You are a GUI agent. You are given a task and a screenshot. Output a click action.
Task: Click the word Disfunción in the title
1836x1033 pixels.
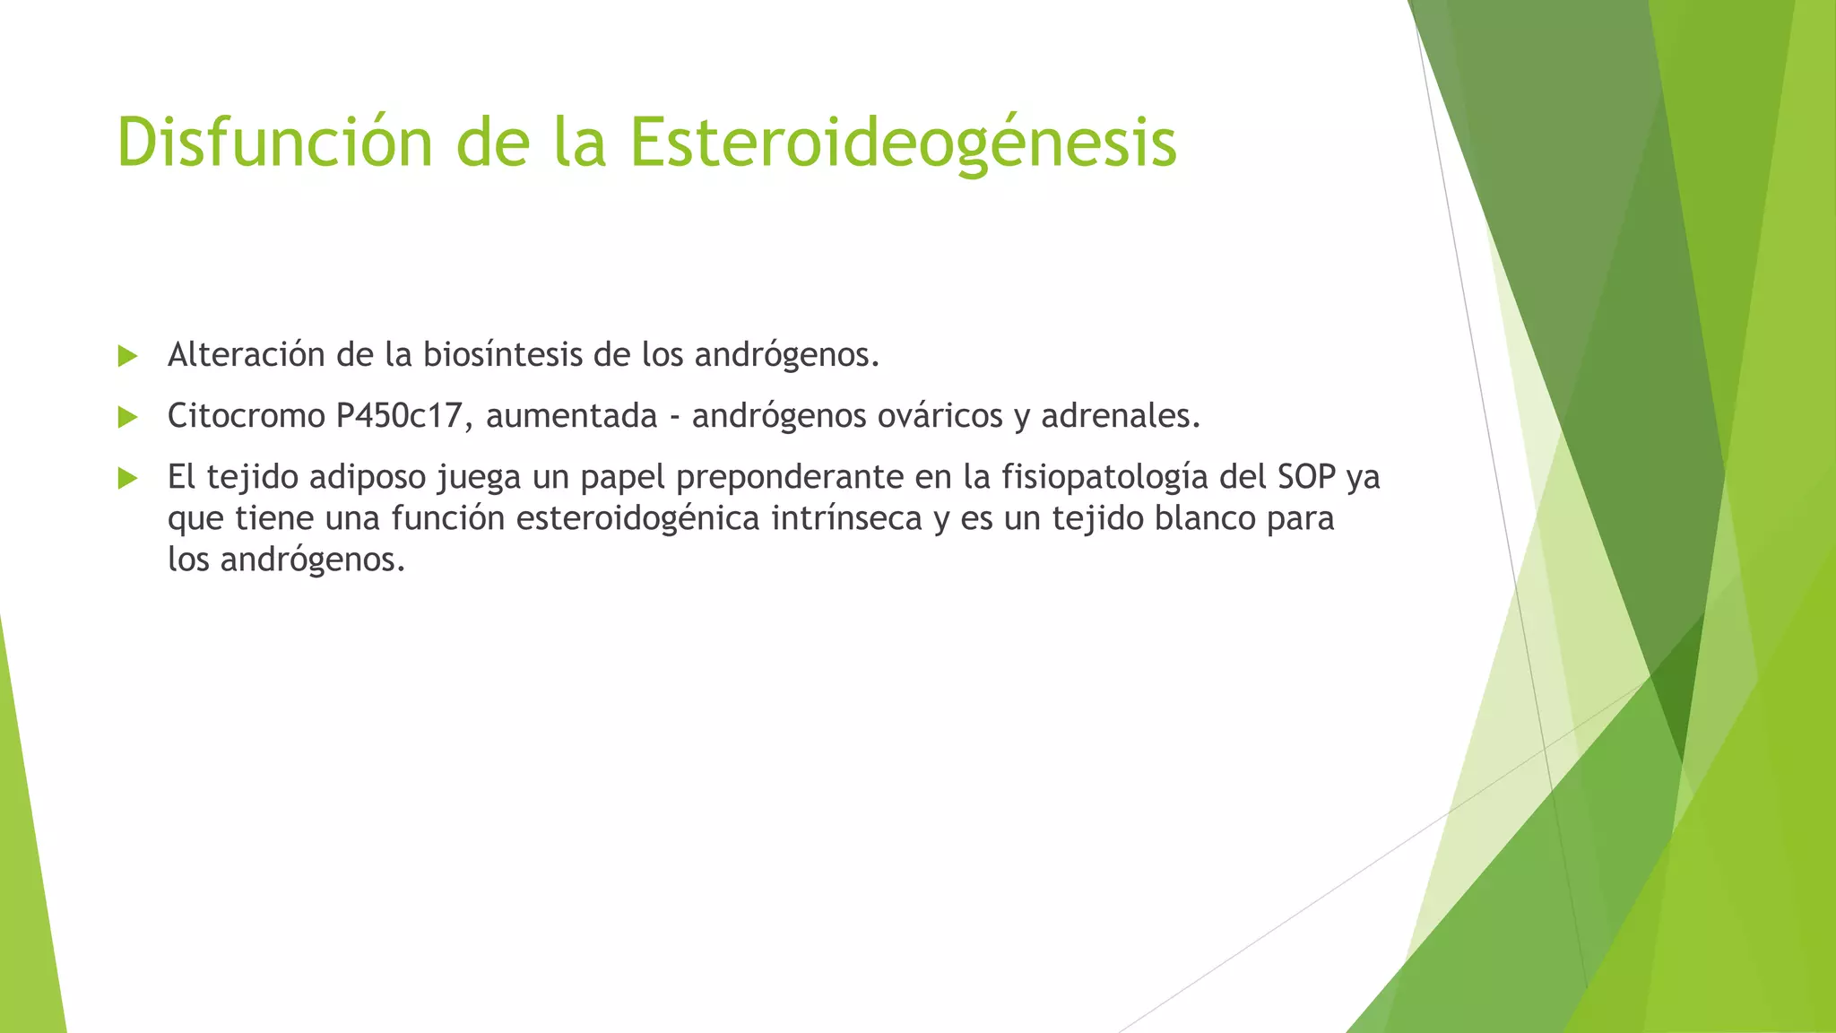[274, 142]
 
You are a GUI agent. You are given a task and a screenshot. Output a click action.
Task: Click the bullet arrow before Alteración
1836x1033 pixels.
[127, 357]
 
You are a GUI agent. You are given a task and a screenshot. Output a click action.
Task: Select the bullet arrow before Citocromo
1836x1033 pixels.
[127, 417]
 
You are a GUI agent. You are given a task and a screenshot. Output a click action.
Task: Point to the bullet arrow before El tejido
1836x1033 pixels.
[127, 478]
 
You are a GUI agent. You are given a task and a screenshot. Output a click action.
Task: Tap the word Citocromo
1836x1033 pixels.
[246, 416]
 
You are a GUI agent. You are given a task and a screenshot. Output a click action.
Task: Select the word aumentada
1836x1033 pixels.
[572, 416]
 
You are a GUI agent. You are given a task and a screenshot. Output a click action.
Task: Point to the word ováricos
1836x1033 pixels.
[940, 416]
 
